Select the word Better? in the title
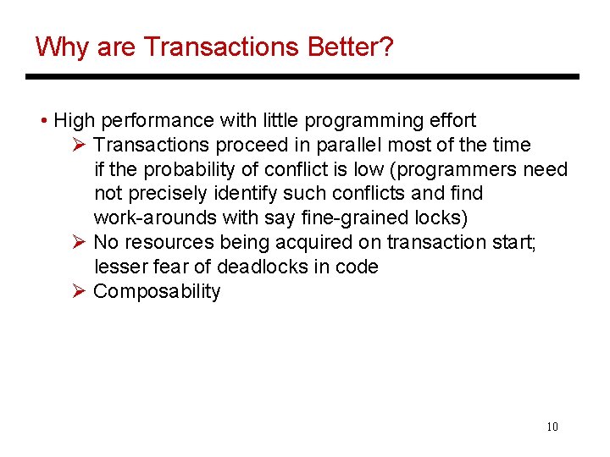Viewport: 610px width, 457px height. click(349, 47)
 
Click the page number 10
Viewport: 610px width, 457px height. click(552, 427)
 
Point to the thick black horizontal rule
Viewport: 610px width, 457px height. click(302, 77)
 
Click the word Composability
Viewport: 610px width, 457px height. click(157, 292)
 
